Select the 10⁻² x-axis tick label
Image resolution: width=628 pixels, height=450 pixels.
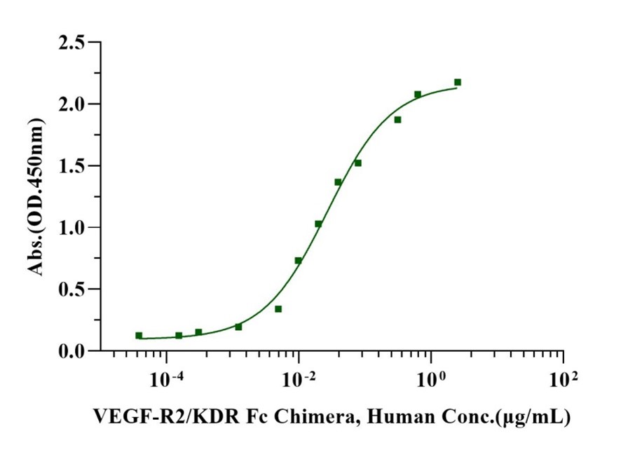[x=299, y=379]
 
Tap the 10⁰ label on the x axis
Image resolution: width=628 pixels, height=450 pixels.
[x=430, y=379]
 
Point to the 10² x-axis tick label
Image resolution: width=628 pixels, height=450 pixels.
[x=563, y=379]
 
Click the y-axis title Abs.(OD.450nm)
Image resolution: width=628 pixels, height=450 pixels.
[x=36, y=197]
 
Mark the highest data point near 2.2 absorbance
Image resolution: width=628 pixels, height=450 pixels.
[x=458, y=83]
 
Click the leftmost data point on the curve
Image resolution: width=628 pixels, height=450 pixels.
[x=139, y=336]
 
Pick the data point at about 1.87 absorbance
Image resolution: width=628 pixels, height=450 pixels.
[x=397, y=120]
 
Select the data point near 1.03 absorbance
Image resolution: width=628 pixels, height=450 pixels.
[x=318, y=224]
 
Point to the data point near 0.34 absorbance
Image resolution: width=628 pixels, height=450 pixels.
[x=278, y=309]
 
